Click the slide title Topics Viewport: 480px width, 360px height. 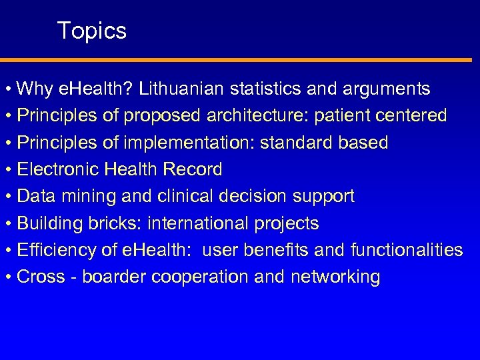coord(91,31)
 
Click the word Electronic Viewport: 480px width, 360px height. coord(59,170)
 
